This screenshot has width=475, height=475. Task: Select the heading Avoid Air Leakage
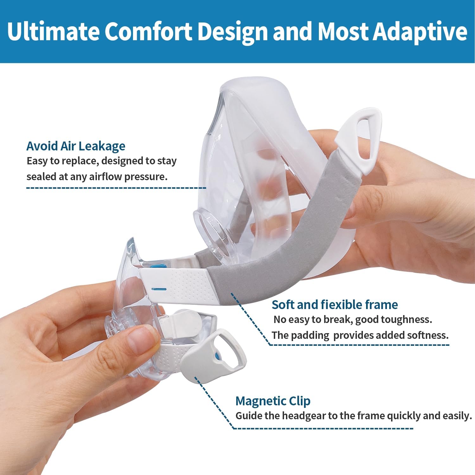click(x=76, y=146)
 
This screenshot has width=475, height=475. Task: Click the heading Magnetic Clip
click(x=273, y=401)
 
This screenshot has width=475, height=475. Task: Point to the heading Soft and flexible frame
click(x=335, y=305)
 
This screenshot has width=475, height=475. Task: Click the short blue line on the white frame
click(x=159, y=289)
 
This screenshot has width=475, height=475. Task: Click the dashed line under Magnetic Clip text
click(x=323, y=428)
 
